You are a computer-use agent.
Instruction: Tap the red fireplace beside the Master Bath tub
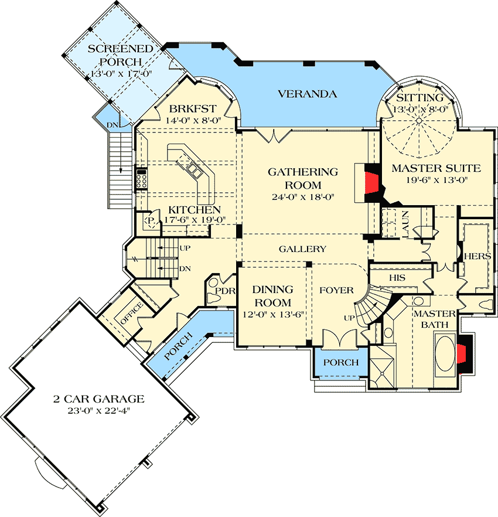pyautogui.click(x=462, y=354)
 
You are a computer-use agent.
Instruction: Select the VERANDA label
pyautogui.click(x=307, y=94)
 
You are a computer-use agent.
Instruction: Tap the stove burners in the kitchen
pyautogui.click(x=141, y=178)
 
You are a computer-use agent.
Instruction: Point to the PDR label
pyautogui.click(x=225, y=290)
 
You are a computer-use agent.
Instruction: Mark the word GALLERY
pyautogui.click(x=302, y=249)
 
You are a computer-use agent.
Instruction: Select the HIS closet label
pyautogui.click(x=398, y=277)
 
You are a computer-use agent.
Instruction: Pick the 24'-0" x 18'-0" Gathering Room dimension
pyautogui.click(x=302, y=197)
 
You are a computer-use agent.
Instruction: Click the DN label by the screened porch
pyautogui.click(x=111, y=124)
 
